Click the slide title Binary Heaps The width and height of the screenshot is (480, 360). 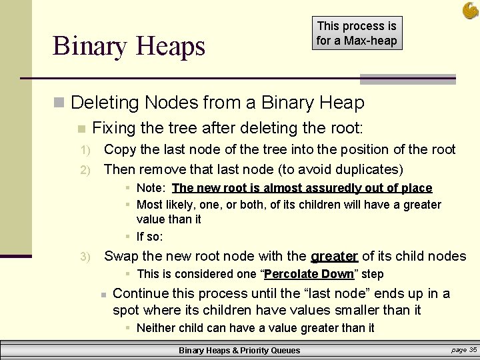(129, 46)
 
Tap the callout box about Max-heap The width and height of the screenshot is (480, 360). (357, 33)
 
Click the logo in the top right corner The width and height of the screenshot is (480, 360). (470, 10)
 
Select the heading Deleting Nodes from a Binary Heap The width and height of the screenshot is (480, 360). (217, 103)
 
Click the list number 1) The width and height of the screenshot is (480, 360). (84, 150)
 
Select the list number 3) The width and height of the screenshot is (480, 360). (84, 257)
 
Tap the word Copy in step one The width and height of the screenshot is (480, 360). (119, 149)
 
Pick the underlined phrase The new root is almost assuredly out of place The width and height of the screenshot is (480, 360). (302, 188)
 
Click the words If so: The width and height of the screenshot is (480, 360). (150, 236)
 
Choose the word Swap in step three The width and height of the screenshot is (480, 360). (121, 256)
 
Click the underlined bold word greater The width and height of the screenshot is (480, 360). (335, 256)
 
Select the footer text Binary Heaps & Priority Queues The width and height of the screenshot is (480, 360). (239, 350)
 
